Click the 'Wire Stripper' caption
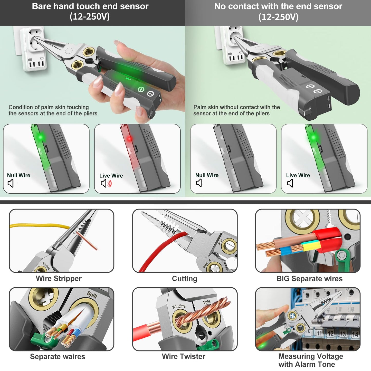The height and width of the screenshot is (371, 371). pyautogui.click(x=59, y=279)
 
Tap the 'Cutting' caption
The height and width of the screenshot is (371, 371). pyautogui.click(x=184, y=279)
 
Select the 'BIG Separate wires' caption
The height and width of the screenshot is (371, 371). pyautogui.click(x=309, y=279)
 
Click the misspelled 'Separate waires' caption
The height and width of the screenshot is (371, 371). pyautogui.click(x=58, y=357)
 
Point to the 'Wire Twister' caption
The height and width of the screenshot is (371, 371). pyautogui.click(x=184, y=356)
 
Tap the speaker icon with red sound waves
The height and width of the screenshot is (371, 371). pyautogui.click(x=106, y=183)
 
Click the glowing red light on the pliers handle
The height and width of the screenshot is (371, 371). pyautogui.click(x=129, y=139)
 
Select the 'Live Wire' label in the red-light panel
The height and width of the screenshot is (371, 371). pyautogui.click(x=111, y=176)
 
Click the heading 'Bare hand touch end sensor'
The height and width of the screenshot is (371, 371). pyautogui.click(x=90, y=6)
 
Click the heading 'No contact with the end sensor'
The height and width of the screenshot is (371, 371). pyautogui.click(x=278, y=6)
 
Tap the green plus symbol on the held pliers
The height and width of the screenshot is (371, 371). pyautogui.click(x=141, y=89)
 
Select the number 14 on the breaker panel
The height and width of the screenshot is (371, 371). pyautogui.click(x=355, y=334)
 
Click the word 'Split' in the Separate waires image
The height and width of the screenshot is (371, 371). pyautogui.click(x=92, y=295)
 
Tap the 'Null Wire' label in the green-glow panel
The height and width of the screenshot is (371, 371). pyautogui.click(x=18, y=175)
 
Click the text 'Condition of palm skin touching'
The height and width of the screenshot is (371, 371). pyautogui.click(x=49, y=107)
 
